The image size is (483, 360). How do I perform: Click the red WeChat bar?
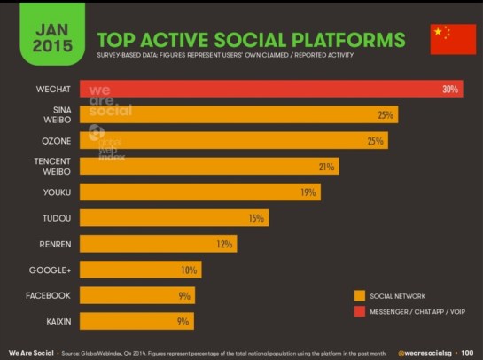[266, 90]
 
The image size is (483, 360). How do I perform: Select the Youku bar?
[199, 192]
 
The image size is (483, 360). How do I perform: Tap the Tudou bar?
[174, 218]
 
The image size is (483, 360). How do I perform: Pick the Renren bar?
[157, 244]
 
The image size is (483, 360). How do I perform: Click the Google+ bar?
[140, 270]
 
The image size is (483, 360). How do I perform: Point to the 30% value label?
[450, 90]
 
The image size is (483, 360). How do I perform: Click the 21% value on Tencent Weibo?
[326, 167]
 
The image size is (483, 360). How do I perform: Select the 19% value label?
[308, 192]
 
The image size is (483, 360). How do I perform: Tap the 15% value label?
[256, 218]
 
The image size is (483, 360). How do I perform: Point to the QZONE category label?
[56, 141]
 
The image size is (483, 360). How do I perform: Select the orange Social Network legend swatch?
[360, 296]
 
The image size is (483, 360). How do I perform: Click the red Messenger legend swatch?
[360, 312]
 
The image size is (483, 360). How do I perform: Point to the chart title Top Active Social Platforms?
[250, 40]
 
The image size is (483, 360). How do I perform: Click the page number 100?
[465, 352]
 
